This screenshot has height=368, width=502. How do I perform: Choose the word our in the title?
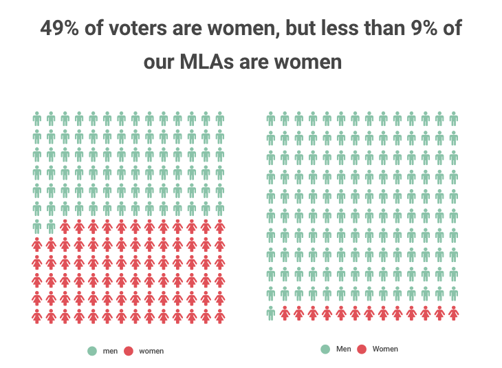(x=161, y=62)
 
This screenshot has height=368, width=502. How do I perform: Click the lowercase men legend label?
(x=110, y=351)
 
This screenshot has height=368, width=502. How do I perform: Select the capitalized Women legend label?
(x=385, y=349)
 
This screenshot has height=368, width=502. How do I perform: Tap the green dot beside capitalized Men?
(x=325, y=349)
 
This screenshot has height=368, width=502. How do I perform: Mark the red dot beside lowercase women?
(x=129, y=351)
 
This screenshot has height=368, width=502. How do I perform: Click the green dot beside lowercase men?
(x=92, y=351)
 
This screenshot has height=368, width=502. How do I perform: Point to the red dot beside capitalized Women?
(x=362, y=349)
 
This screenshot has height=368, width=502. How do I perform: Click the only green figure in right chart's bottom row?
(x=271, y=313)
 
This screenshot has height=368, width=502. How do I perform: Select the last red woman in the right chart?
(x=454, y=313)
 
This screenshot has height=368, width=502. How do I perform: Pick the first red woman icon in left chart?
(x=65, y=226)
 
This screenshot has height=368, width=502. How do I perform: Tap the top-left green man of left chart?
(x=37, y=119)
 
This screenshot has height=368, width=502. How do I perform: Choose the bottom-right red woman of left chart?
(x=220, y=316)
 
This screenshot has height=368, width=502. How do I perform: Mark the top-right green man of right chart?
(x=454, y=119)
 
